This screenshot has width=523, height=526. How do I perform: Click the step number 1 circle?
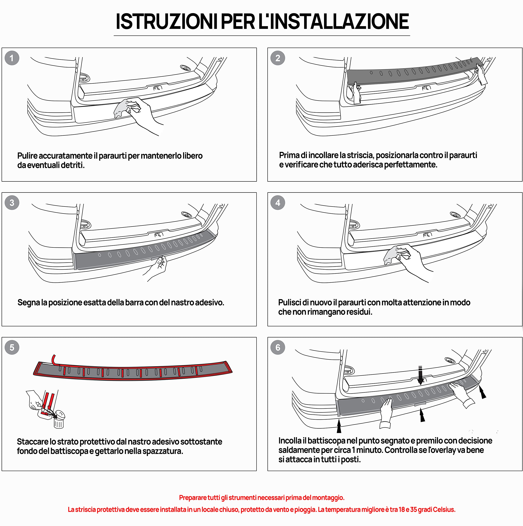[12, 58]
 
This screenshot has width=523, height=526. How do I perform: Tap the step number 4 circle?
[277, 203]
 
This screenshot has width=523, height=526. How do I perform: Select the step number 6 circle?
[277, 347]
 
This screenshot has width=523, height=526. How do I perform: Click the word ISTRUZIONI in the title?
[166, 22]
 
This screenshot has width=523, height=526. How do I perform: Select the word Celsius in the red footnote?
[443, 509]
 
